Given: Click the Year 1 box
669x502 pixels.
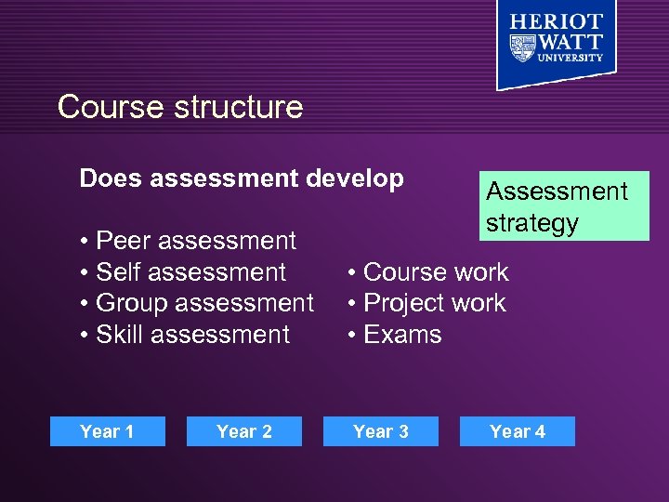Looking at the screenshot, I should click(107, 431).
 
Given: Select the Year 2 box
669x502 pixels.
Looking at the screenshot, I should click(243, 431).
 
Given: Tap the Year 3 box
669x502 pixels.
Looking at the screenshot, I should click(380, 431).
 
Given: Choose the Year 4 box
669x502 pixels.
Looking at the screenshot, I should click(517, 431).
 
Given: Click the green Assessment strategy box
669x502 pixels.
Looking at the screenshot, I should click(564, 205).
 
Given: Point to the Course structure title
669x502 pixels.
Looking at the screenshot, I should click(180, 107).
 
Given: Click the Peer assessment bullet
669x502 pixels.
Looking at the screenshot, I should click(188, 241).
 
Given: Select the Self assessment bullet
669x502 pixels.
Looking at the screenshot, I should click(183, 272).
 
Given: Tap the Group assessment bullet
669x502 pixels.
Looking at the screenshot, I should click(197, 303).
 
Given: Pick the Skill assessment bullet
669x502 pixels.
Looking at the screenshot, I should click(185, 335).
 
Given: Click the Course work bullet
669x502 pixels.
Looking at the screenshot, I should click(428, 272).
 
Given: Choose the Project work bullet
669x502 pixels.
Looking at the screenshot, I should click(426, 303).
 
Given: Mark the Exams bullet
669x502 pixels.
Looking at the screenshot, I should click(395, 335).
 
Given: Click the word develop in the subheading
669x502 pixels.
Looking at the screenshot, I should click(357, 178).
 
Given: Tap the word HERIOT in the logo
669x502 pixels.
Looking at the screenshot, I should click(557, 21).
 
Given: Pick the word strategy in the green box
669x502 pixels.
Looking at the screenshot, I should click(532, 223).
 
